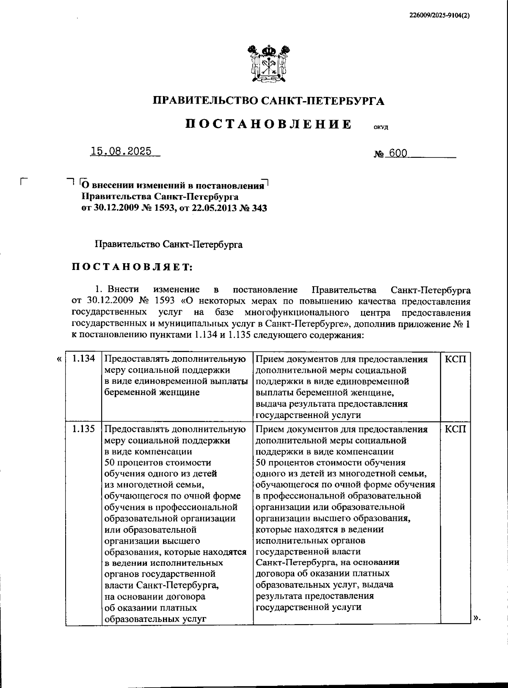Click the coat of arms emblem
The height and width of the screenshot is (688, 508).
(269, 63)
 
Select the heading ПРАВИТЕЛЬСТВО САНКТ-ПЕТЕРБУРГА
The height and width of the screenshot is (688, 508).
(268, 101)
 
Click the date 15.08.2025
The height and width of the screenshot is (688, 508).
(121, 152)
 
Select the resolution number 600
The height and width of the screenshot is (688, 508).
(398, 153)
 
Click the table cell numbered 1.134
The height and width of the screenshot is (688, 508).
(83, 359)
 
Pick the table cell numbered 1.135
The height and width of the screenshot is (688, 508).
(83, 429)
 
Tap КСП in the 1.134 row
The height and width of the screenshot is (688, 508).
(456, 359)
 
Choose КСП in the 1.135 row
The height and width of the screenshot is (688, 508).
(456, 429)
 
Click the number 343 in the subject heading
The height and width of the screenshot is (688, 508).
(259, 208)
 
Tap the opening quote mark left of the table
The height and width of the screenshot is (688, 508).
(58, 359)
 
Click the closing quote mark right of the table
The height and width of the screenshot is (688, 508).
(477, 618)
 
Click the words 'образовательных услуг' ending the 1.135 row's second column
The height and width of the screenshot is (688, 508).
(155, 619)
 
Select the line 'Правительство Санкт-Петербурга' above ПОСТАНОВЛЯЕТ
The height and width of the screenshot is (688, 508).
(169, 245)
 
